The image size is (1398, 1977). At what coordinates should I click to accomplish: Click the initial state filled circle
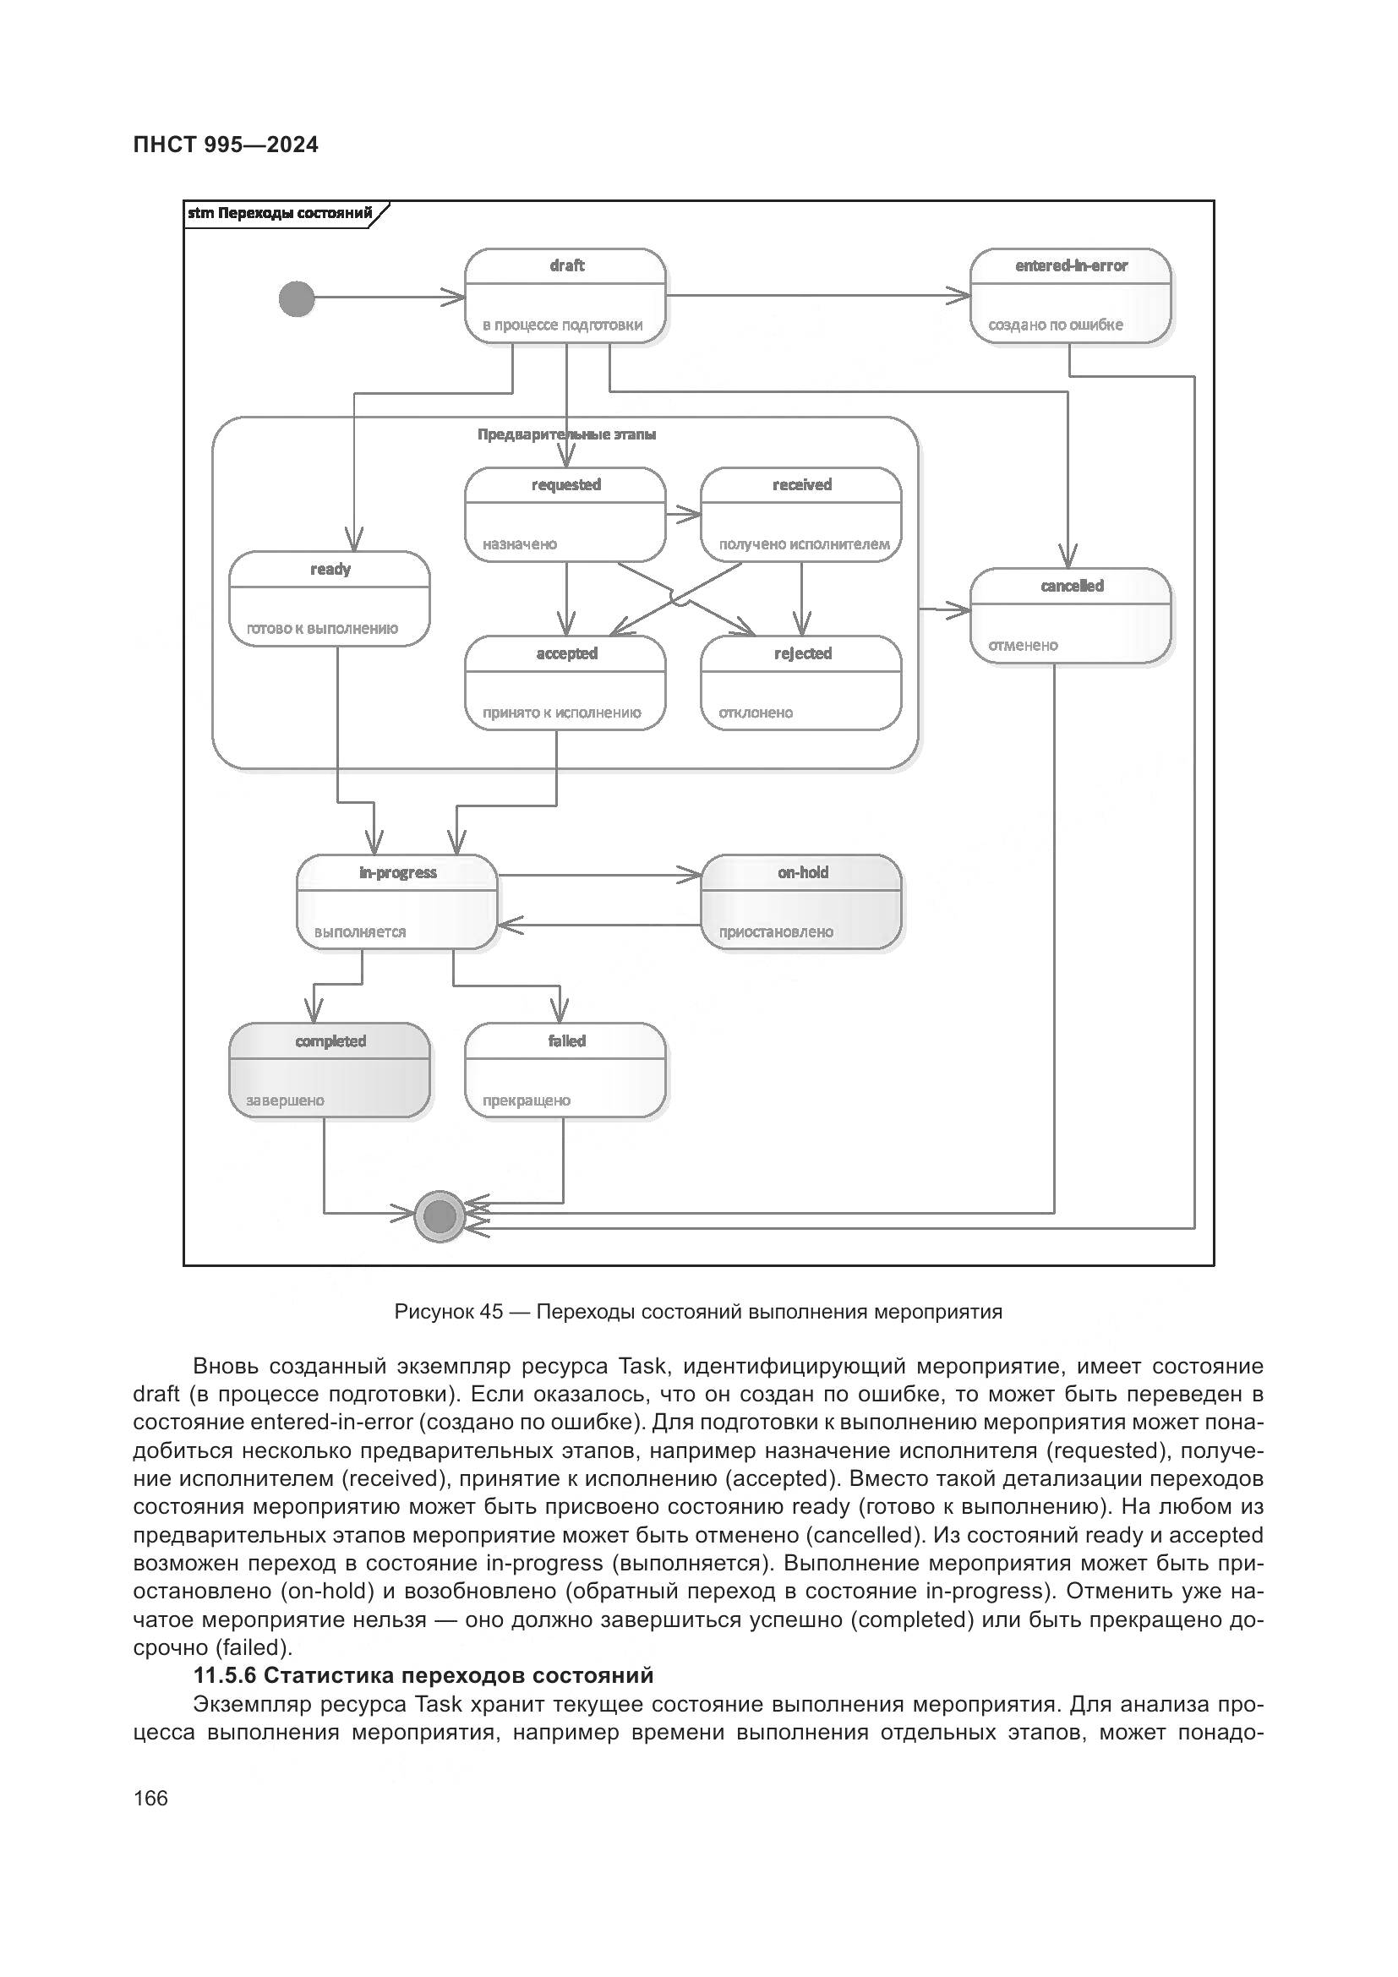(x=297, y=298)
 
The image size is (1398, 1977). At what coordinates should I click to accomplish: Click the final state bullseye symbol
(x=440, y=1216)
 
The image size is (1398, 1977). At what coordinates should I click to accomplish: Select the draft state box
(x=565, y=295)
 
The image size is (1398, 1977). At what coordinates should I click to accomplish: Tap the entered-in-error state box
(x=1070, y=295)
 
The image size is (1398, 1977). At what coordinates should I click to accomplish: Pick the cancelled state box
(x=1070, y=614)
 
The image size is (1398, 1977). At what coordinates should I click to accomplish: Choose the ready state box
(x=330, y=598)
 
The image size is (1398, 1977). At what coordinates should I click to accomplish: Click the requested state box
(x=565, y=514)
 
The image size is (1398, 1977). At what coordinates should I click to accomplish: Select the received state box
(x=800, y=514)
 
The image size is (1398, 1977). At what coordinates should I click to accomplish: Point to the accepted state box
(x=565, y=683)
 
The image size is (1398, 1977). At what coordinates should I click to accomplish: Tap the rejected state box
(x=800, y=683)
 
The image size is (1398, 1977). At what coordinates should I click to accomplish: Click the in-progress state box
(x=397, y=902)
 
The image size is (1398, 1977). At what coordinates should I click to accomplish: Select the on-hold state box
(x=801, y=902)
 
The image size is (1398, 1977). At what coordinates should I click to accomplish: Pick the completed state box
(x=330, y=1070)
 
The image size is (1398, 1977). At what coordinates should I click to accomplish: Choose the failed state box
(x=565, y=1070)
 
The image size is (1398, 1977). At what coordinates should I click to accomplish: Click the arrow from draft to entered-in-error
(x=818, y=295)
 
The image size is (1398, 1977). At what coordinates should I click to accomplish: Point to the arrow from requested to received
(x=684, y=514)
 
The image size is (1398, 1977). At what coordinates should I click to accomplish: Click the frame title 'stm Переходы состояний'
(x=280, y=213)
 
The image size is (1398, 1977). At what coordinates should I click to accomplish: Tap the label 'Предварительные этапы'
(x=566, y=434)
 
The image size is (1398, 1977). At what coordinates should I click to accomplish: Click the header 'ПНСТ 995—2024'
(x=226, y=145)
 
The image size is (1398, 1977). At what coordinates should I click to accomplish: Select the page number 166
(x=150, y=1798)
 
